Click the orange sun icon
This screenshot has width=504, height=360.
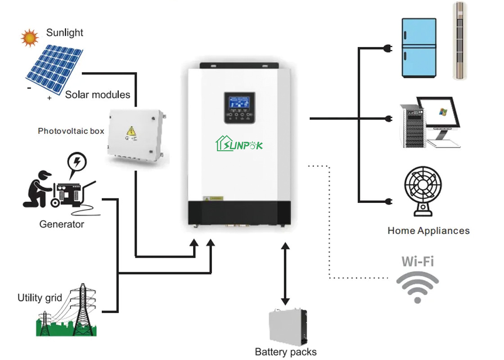[x=30, y=37]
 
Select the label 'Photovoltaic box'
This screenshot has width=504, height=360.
[x=71, y=131]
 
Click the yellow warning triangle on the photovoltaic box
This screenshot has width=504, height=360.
[x=131, y=131]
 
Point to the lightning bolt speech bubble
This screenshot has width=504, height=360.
[x=77, y=162]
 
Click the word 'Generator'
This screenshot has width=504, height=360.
[x=62, y=224]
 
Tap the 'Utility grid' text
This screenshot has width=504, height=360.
[x=40, y=297]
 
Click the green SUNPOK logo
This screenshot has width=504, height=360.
[x=239, y=144]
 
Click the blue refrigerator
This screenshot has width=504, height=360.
[x=418, y=48]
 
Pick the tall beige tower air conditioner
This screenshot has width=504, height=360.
[x=459, y=40]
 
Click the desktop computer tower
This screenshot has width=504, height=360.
[x=411, y=126]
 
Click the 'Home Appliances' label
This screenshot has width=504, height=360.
[x=428, y=231]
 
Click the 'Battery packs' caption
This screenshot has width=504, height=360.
[x=286, y=351]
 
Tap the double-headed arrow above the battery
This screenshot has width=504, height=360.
[x=285, y=274]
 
